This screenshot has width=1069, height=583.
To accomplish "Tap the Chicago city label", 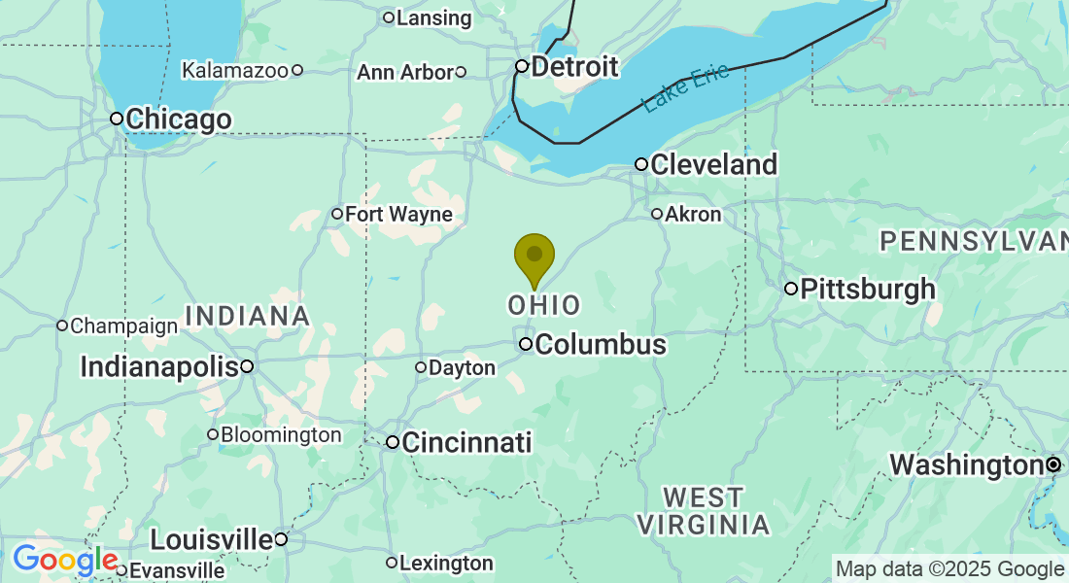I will coord(178,120).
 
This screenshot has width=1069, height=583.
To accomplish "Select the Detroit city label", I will coord(574,67).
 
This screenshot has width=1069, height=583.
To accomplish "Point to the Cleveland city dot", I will coord(641,164).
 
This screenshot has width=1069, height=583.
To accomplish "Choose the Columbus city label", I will coord(600,344).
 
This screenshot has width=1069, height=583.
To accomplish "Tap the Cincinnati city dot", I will coord(393,442).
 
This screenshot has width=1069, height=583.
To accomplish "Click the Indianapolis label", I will coord(159,366).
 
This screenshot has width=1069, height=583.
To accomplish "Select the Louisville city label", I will coord(211,539).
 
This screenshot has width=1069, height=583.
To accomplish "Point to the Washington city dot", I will coord(1053,465).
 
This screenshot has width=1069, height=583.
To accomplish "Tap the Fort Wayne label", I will coord(398,214).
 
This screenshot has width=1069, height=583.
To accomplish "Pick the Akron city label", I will coord(693,214).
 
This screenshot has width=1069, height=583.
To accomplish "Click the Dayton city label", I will coord(462,367).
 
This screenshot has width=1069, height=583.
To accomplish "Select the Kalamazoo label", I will coord(234,70).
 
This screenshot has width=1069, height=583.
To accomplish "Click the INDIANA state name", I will coord(247,316).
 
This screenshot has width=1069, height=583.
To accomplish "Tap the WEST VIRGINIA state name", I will coord(703,512).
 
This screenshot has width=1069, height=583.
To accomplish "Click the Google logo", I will coord(65,561).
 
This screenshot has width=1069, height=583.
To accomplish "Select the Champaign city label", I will coord(123,326).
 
